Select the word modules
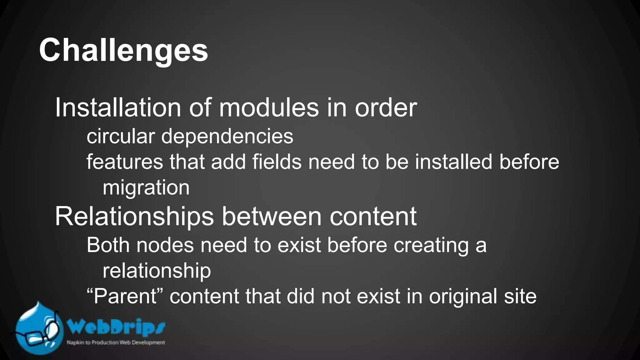point(269,108)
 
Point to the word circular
point(121,136)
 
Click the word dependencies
point(227,137)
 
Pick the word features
point(125,162)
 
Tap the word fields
point(277,162)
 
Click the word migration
point(146,188)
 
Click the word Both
point(108,245)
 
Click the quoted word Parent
point(125,296)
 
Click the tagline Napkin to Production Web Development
point(116,342)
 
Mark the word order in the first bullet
point(386,108)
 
